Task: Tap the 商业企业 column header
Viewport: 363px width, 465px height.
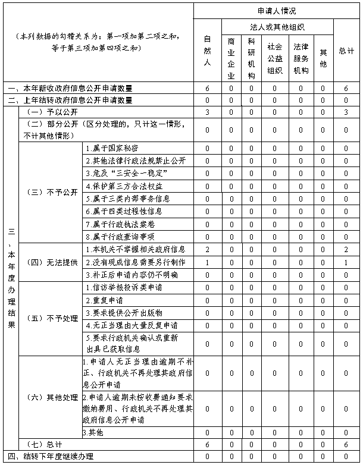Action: click(x=231, y=58)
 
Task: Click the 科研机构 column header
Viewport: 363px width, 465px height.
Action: click(x=251, y=58)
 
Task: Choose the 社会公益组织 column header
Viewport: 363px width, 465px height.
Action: click(x=274, y=58)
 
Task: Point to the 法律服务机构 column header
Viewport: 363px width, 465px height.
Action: click(x=301, y=58)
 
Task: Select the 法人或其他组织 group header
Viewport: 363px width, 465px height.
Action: click(x=277, y=27)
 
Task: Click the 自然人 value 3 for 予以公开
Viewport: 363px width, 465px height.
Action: click(x=207, y=112)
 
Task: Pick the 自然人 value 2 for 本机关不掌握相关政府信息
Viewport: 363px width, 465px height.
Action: click(x=207, y=249)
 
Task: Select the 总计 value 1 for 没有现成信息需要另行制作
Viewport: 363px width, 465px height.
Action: click(x=346, y=262)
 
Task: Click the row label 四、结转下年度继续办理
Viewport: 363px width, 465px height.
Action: click(x=51, y=457)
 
